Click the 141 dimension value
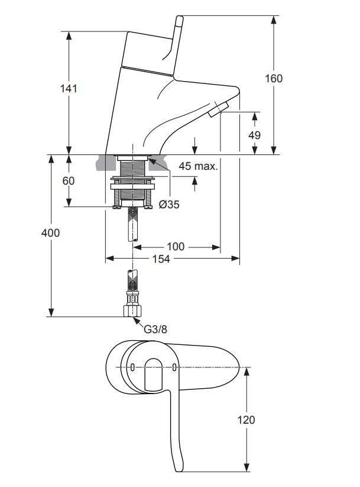[69, 89]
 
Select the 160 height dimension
[274, 78]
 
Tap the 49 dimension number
[254, 135]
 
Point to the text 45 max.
[198, 167]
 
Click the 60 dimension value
[69, 180]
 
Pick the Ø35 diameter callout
[169, 205]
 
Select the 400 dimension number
[51, 233]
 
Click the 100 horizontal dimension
[176, 246]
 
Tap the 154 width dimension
[161, 259]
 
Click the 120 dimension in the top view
[247, 420]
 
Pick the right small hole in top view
[174, 368]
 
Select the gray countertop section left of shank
[106, 162]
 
